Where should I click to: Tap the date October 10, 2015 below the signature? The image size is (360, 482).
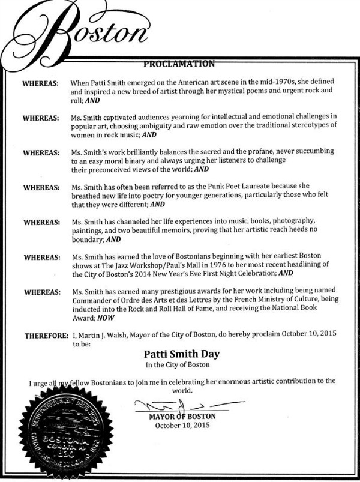180,426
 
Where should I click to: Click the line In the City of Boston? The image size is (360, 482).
179,364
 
